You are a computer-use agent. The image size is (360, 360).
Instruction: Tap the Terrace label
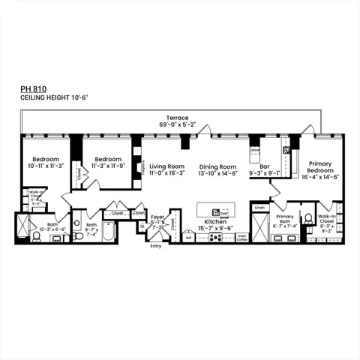point(177,118)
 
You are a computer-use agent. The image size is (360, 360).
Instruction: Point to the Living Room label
point(166,166)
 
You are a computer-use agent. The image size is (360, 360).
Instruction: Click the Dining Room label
point(217,166)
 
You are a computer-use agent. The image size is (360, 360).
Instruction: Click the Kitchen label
point(215,223)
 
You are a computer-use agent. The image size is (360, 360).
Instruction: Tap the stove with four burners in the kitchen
point(215,237)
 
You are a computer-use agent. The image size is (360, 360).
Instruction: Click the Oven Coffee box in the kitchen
point(241,237)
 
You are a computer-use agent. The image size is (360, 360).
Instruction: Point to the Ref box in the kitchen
point(189,237)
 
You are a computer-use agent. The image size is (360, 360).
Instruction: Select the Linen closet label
point(259,207)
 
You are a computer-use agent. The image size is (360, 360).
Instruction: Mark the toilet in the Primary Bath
point(308,218)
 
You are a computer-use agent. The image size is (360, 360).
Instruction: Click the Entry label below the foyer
point(156,245)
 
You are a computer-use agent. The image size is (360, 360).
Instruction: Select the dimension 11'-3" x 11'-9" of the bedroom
point(109,166)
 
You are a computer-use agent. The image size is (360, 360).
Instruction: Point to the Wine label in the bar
point(255,149)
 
